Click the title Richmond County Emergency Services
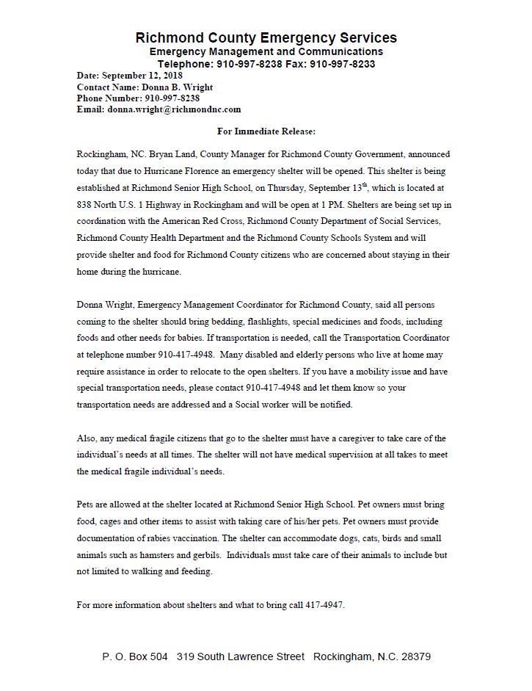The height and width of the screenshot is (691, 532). (266, 37)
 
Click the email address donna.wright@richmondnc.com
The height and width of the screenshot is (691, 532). (174, 109)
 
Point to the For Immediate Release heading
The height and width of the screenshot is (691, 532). (266, 131)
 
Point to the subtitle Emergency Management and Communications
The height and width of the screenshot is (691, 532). (266, 52)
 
